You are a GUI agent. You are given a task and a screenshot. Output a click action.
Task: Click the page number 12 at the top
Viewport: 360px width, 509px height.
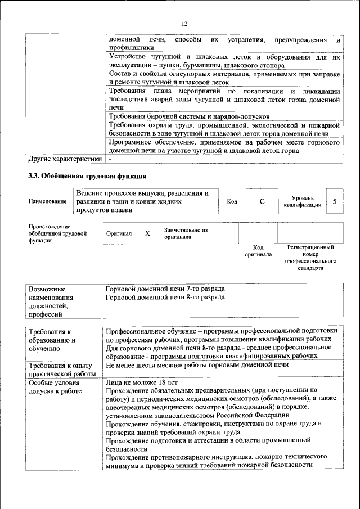(184, 24)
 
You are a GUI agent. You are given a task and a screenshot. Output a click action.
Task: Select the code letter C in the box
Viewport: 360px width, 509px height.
(262, 201)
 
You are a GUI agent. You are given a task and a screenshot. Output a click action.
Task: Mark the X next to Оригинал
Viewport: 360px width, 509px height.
(147, 233)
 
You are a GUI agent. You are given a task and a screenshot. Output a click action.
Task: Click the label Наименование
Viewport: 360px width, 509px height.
(47, 201)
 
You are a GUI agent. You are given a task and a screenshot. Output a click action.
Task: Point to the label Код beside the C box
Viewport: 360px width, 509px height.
(232, 201)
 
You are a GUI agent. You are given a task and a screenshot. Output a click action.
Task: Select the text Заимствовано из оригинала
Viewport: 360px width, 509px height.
(186, 233)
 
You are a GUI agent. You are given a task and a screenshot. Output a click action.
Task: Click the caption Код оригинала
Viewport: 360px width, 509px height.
(258, 250)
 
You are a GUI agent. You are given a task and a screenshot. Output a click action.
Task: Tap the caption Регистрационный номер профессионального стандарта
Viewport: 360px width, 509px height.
(310, 258)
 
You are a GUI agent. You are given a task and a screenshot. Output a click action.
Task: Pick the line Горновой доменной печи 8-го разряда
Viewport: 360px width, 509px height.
(165, 296)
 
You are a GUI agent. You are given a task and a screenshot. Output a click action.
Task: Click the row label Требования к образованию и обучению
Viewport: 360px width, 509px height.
(52, 340)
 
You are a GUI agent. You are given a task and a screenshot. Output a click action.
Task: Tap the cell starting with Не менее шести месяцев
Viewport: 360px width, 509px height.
(197, 365)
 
